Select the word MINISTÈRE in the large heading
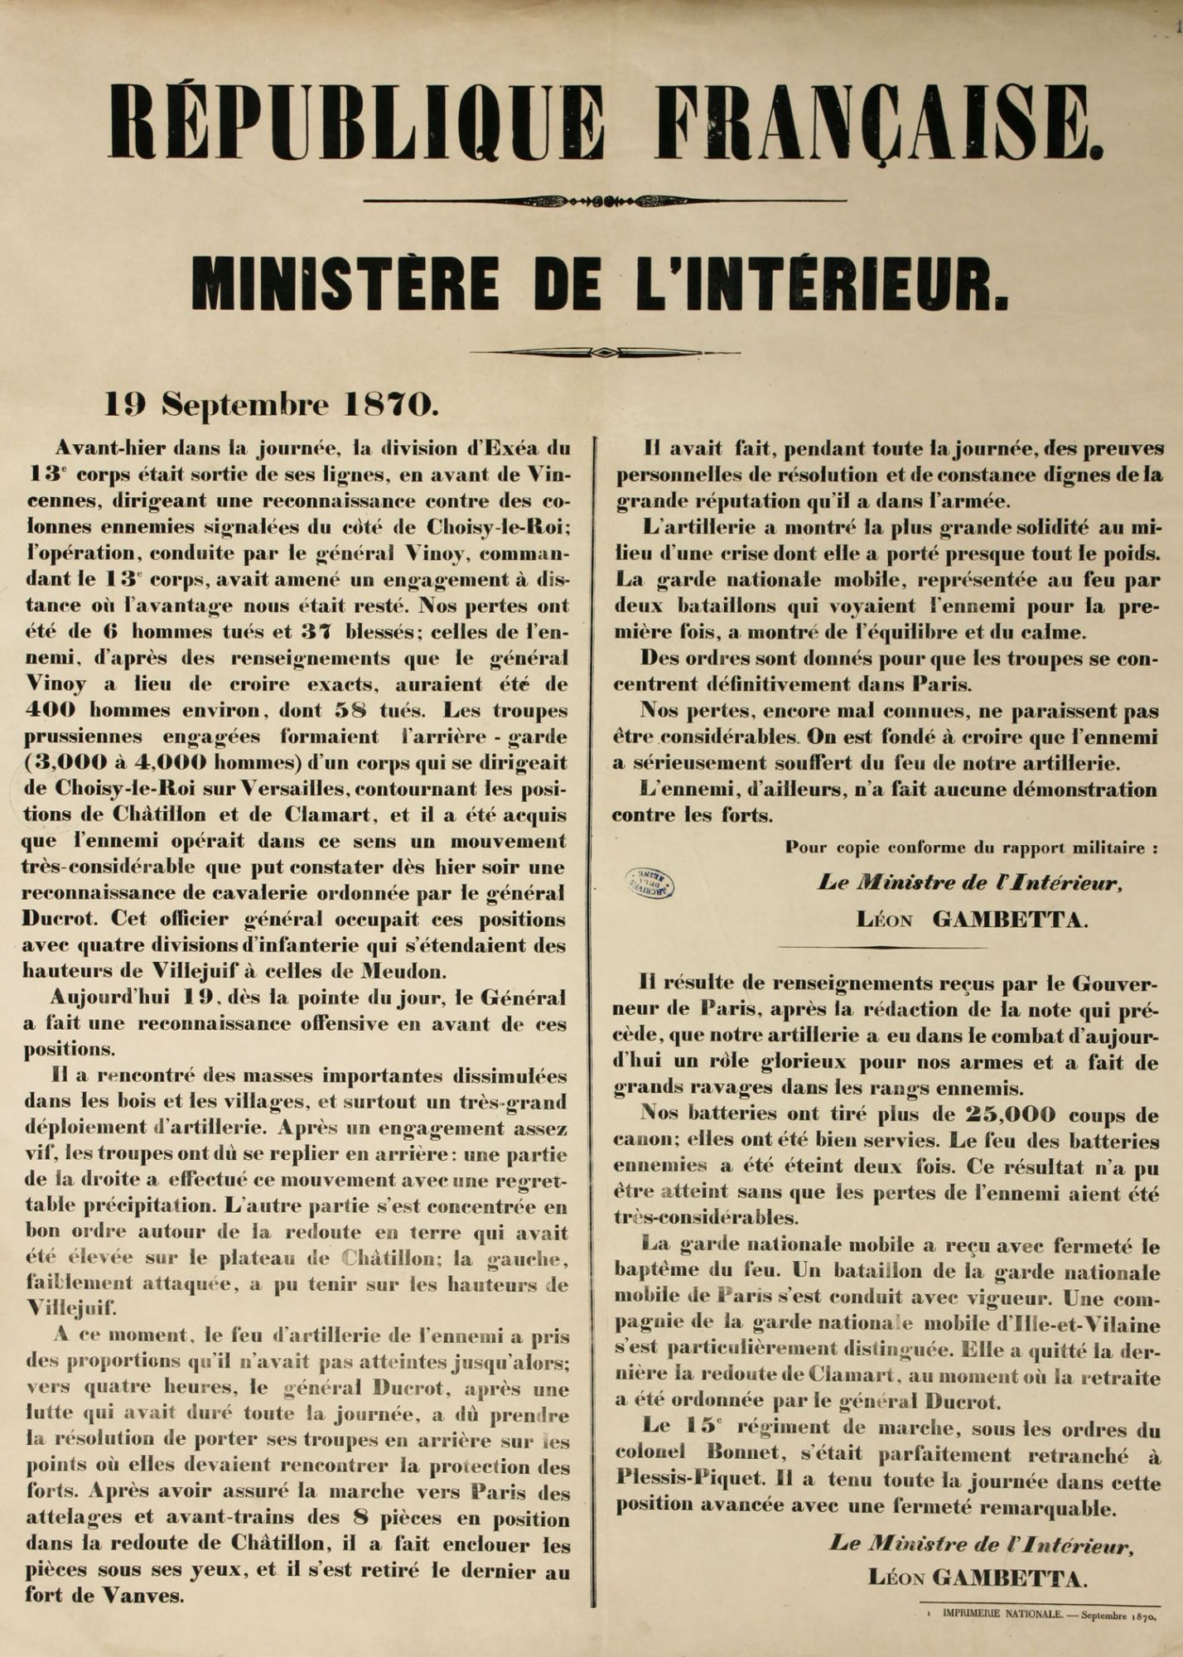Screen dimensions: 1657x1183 pos(344,284)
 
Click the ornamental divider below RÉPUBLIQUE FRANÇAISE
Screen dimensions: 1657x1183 pos(604,200)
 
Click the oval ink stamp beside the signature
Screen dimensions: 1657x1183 pos(651,882)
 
